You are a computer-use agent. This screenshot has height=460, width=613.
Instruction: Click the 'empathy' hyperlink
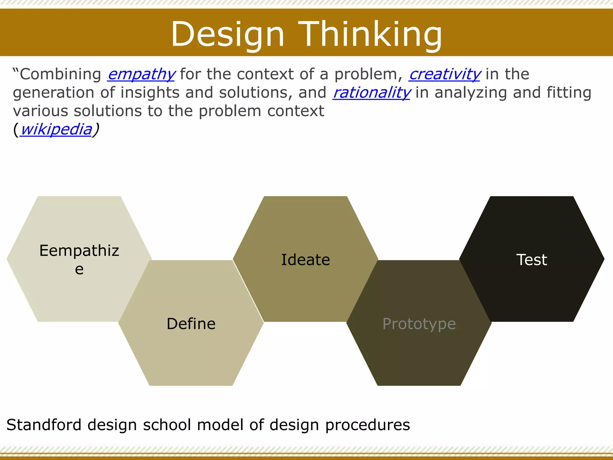[x=141, y=75]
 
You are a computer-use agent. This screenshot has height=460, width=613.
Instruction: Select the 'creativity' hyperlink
[x=445, y=75]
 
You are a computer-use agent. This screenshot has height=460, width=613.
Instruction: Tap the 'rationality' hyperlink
[x=371, y=93]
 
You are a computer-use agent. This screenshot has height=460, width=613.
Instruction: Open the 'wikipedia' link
[x=56, y=129]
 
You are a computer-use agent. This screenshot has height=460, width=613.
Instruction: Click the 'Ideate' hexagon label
[x=306, y=260]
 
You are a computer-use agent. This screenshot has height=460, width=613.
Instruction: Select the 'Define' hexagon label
[x=191, y=324]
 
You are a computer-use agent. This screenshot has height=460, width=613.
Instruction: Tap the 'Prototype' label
[x=419, y=324]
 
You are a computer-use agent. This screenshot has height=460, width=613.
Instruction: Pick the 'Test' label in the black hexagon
[x=532, y=260]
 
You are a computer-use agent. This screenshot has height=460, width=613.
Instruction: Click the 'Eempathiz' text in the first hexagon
[x=79, y=251]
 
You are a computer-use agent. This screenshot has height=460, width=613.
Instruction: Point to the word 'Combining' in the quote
[x=60, y=74]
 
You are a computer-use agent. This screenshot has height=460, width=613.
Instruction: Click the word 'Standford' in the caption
[x=44, y=425]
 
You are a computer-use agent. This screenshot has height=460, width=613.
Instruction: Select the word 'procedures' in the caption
[x=368, y=425]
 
